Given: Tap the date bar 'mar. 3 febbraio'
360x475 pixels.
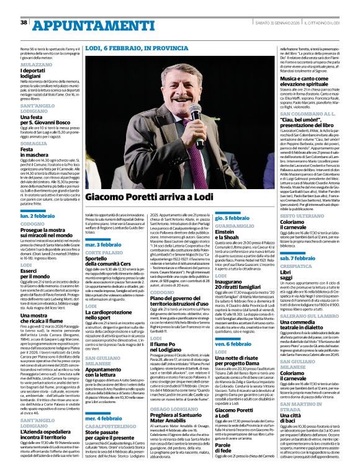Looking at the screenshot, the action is point(104,246).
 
